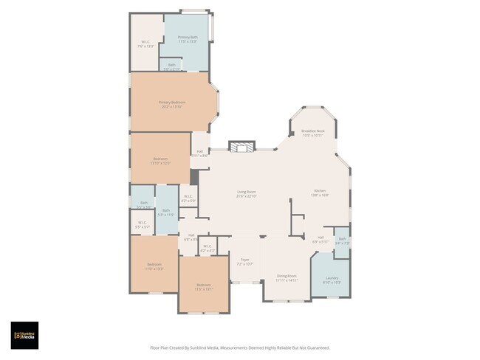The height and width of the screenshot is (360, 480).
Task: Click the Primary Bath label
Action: (x=188, y=39)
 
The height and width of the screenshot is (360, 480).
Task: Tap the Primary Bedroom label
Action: (x=172, y=104)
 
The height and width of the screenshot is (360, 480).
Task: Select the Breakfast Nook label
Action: (x=313, y=133)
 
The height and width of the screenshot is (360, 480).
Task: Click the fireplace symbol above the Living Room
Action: (x=241, y=147)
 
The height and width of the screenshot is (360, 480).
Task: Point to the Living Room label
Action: (x=246, y=194)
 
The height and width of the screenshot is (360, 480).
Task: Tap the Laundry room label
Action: (x=332, y=280)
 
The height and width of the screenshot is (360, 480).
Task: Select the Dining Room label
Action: (x=286, y=278)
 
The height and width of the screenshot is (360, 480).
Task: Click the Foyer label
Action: (x=244, y=261)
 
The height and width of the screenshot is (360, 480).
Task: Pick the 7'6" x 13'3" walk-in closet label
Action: (x=145, y=44)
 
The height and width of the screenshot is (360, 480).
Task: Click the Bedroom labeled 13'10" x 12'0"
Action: (x=161, y=161)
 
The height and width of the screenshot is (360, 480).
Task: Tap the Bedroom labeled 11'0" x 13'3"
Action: (x=154, y=266)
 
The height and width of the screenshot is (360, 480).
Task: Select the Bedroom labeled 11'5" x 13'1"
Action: (x=204, y=286)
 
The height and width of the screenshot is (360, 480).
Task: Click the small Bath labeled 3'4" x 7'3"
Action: (x=342, y=240)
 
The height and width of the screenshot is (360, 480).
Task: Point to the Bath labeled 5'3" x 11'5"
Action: (x=166, y=212)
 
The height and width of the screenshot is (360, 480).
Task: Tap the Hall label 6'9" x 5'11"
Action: (x=320, y=239)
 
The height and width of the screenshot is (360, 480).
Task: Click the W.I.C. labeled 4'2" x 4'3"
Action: (x=208, y=248)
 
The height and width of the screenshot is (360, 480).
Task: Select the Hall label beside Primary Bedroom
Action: (x=199, y=153)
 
